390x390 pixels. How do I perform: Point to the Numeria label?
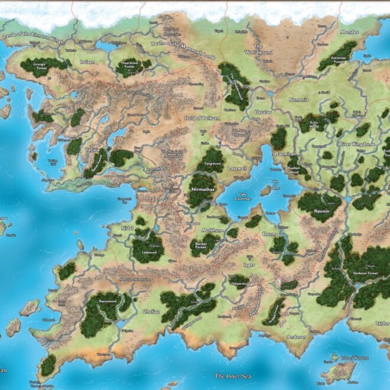click(298, 100)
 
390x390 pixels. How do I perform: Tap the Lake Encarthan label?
click(243, 196)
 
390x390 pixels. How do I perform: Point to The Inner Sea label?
click(228, 376)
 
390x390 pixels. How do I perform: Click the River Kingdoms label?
click(356, 144)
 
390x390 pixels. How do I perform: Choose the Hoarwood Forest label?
click(129, 64)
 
